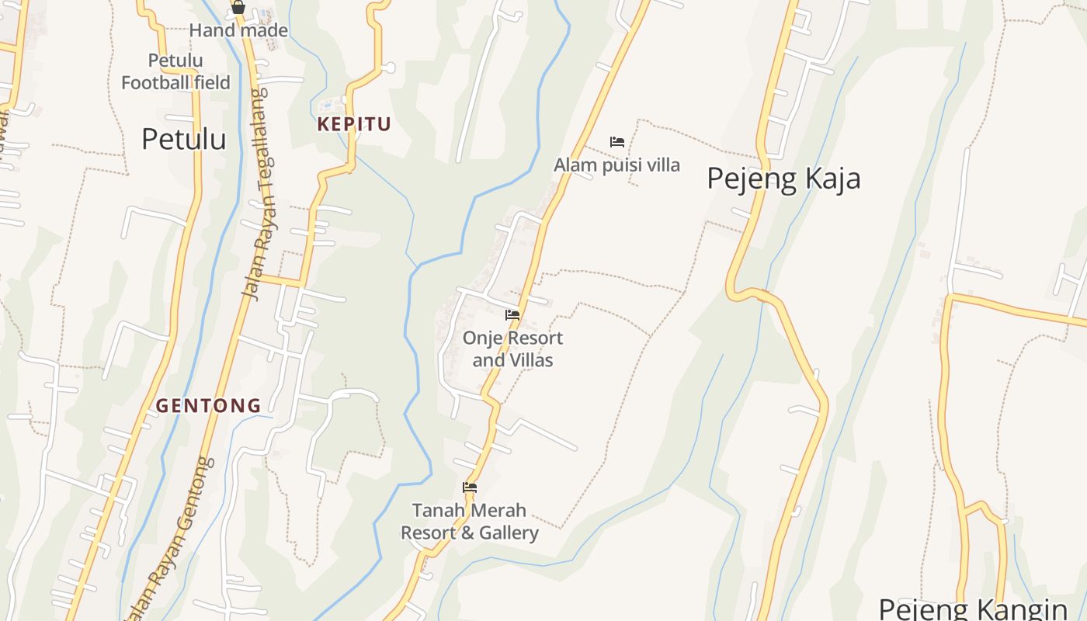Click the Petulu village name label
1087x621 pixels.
184,139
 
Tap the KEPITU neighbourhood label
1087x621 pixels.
353,124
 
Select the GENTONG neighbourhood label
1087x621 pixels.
209,405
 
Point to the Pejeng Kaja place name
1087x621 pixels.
783,179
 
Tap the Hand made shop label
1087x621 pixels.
238,31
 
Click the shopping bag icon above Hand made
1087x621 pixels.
238,8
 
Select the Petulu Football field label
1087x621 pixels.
175,71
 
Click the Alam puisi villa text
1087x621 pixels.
616,165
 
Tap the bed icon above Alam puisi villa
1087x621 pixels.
617,141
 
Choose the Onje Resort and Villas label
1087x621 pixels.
512,349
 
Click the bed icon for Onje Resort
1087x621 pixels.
512,315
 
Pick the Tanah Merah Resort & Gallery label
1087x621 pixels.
469,522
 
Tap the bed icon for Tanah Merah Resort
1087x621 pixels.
469,487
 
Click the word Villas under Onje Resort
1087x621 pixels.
531,360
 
